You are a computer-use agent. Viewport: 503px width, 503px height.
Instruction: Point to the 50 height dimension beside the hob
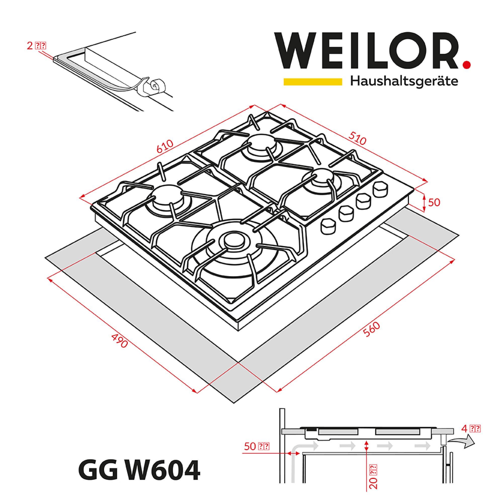[434, 202]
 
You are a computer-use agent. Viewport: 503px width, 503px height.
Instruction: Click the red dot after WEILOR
[467, 65]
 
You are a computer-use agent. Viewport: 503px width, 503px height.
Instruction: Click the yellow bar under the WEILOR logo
[313, 81]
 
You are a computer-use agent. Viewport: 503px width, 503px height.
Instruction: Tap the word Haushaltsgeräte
[404, 81]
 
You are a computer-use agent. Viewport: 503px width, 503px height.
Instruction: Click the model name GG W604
[139, 471]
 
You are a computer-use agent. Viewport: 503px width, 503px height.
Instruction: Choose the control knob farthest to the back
[380, 190]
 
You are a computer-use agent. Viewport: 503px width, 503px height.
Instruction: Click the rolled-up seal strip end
[155, 86]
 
